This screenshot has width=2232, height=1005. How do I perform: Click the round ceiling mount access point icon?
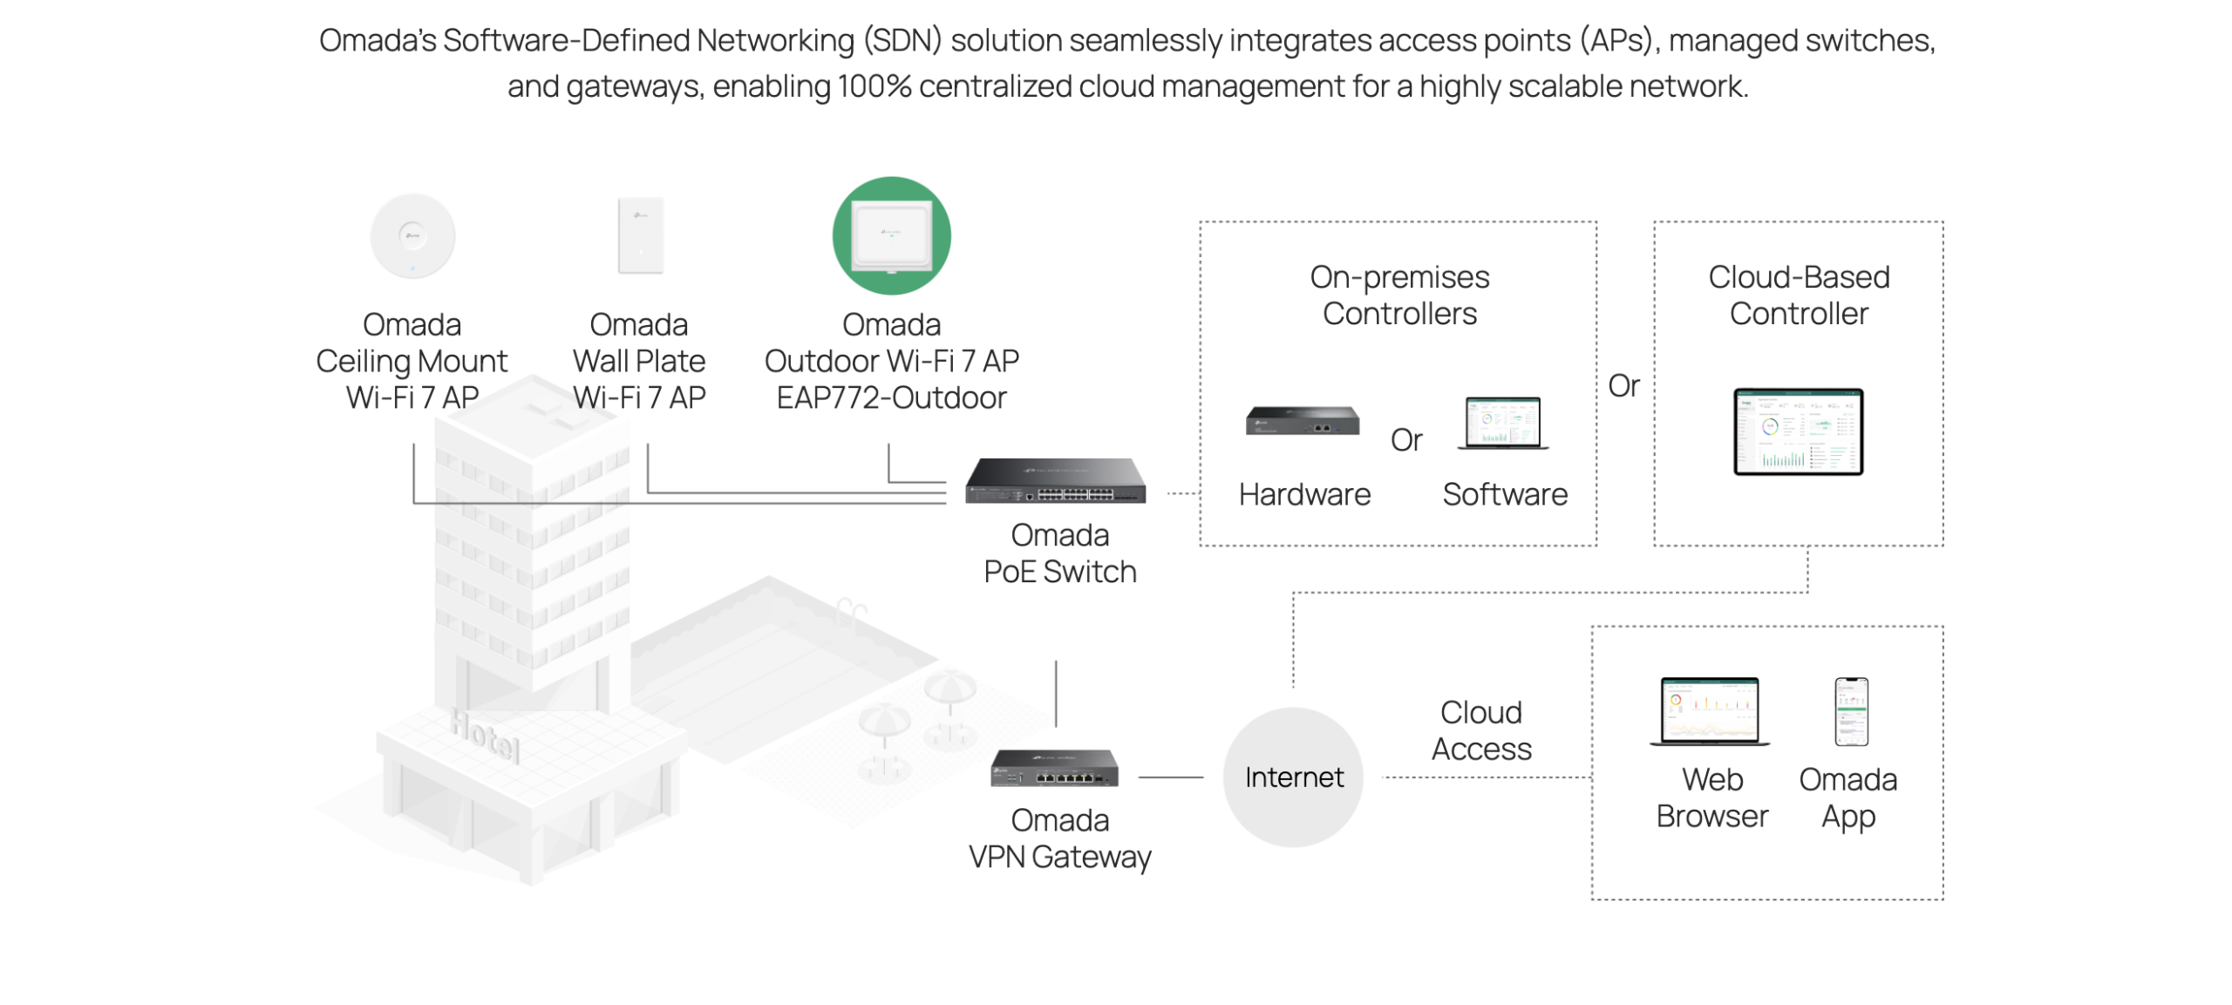click(412, 236)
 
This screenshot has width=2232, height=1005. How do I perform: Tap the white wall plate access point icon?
click(640, 235)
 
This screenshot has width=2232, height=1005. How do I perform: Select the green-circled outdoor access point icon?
click(891, 235)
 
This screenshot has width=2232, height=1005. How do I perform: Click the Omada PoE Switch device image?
click(1055, 481)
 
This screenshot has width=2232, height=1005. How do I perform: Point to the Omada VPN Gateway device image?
click(1054, 768)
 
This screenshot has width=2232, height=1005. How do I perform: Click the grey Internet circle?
click(1293, 777)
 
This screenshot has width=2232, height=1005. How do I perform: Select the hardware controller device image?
click(1302, 421)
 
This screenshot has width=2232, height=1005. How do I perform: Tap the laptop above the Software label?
click(1502, 424)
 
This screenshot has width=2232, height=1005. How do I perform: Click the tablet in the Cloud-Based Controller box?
click(1798, 431)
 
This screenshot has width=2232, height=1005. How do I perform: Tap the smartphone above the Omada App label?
click(1851, 711)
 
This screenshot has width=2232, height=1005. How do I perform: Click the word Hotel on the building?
click(485, 734)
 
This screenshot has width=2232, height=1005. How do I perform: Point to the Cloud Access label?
click(1480, 730)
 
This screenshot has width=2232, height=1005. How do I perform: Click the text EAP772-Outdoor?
click(891, 398)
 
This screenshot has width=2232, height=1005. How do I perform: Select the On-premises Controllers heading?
click(1399, 295)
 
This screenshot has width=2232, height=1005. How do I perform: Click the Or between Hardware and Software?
click(1405, 440)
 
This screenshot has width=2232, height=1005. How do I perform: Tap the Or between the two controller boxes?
click(1623, 385)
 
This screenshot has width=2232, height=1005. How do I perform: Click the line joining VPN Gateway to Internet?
click(1170, 777)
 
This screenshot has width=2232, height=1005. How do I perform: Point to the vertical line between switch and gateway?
click(1056, 694)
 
